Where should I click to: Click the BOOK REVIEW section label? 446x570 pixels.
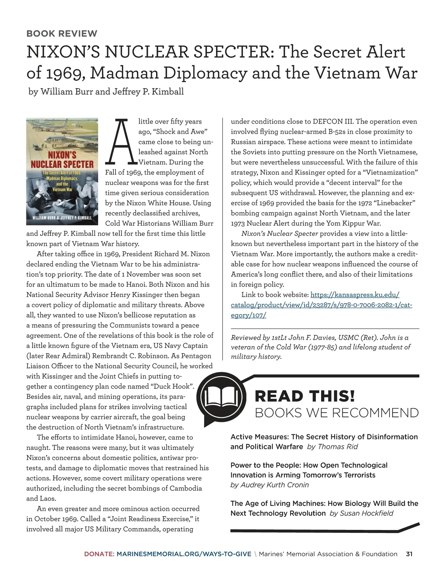[x=62, y=33]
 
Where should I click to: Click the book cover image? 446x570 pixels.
[x=62, y=171]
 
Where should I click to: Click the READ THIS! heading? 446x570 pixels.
[x=305, y=396]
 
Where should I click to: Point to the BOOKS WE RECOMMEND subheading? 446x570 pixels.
[x=337, y=413]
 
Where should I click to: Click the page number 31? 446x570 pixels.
[x=409, y=554]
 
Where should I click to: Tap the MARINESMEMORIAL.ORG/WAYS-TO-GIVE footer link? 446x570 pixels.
[x=184, y=554]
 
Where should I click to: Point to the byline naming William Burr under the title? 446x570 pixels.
[x=106, y=91]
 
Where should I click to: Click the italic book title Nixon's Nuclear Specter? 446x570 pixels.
[x=279, y=234]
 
